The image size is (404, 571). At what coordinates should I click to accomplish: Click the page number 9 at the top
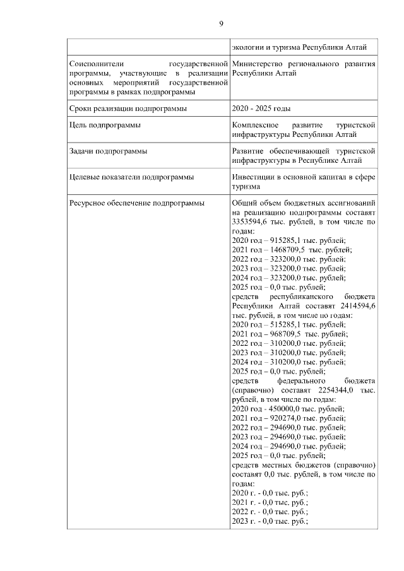(x=221, y=23)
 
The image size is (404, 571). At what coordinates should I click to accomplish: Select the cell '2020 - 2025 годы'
(x=261, y=109)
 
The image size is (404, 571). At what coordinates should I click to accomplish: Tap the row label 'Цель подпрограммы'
(x=104, y=126)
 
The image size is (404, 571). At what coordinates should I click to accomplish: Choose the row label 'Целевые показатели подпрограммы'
(x=131, y=177)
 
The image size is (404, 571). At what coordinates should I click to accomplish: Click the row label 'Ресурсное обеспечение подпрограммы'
(x=136, y=203)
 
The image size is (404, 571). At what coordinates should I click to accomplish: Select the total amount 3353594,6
(x=250, y=223)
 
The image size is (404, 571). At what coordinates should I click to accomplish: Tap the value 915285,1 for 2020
(x=283, y=240)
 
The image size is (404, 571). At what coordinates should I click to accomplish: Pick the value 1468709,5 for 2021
(x=286, y=250)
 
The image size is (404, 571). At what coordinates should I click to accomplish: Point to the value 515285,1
(x=283, y=324)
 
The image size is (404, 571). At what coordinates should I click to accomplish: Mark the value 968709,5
(x=283, y=334)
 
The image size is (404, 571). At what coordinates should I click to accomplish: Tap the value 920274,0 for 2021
(x=283, y=418)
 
